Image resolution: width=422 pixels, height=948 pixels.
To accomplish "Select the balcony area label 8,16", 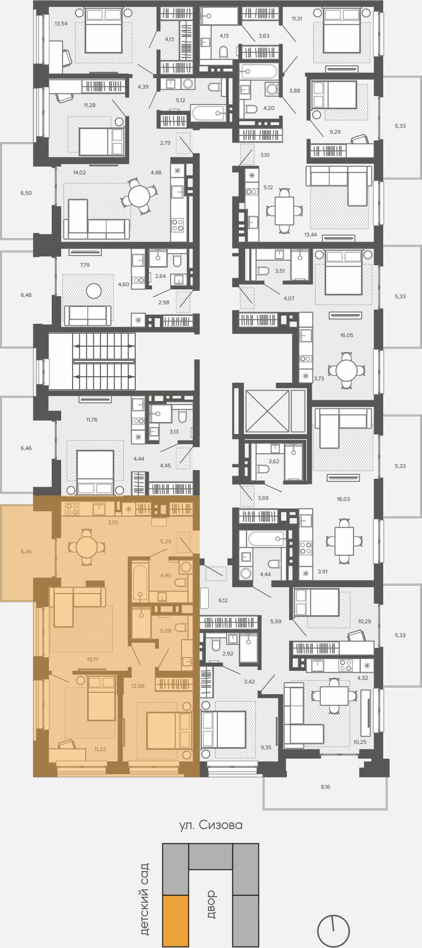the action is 325,787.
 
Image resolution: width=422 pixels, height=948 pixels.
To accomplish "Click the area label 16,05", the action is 346,335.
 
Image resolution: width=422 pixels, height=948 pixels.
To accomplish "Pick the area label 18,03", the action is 343,499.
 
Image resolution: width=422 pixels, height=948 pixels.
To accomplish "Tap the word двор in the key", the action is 211,904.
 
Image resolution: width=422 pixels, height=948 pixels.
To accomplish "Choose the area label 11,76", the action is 92,420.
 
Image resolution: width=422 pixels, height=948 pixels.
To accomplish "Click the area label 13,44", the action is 311,235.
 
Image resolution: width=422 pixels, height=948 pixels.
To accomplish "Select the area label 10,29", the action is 364,621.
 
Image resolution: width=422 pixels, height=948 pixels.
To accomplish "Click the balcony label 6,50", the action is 26,193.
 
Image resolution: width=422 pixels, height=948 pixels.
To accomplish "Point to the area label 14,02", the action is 79,172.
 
